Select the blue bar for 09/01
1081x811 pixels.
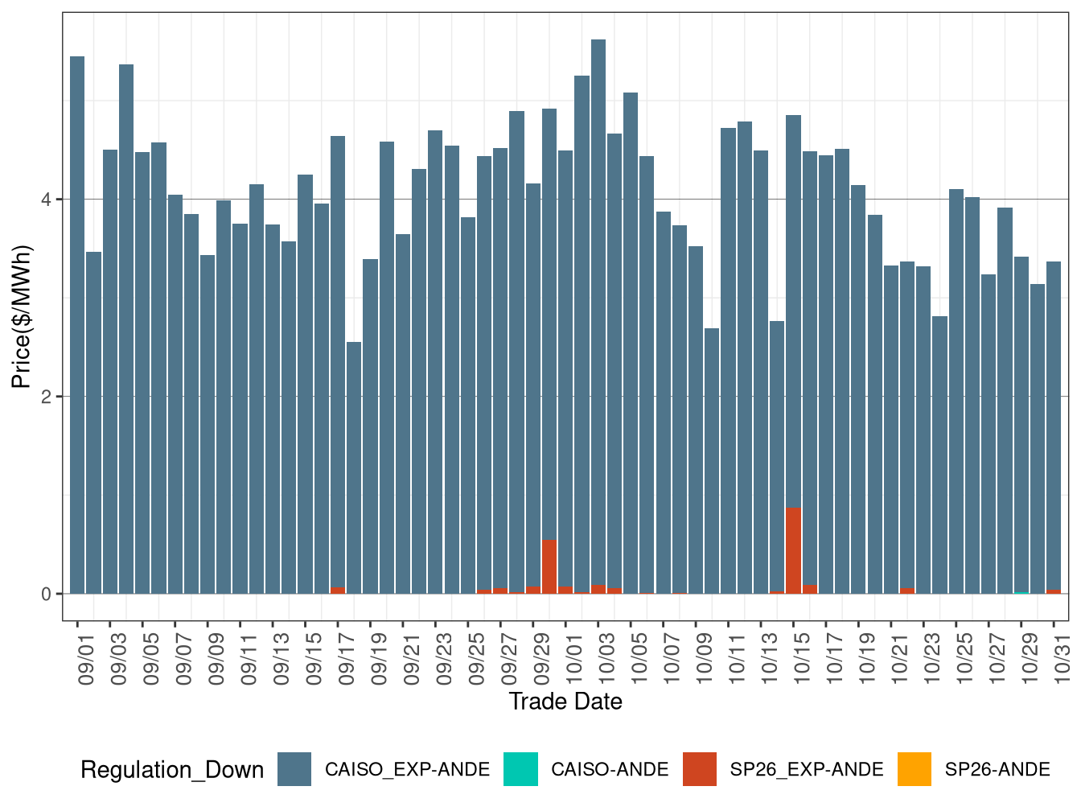[77, 322]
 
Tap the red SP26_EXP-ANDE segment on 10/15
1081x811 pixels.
[793, 551]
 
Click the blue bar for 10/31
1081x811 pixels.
[1054, 426]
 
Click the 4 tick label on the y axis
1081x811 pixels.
[47, 200]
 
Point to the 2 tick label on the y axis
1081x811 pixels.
[47, 397]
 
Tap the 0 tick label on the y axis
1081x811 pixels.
[47, 594]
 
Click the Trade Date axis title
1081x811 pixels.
[565, 702]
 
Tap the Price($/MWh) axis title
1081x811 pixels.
[21, 316]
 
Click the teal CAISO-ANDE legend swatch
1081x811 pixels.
[520, 769]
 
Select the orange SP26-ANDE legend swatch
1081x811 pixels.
[915, 769]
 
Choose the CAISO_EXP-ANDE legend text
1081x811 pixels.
[407, 770]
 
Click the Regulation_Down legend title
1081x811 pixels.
[172, 770]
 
